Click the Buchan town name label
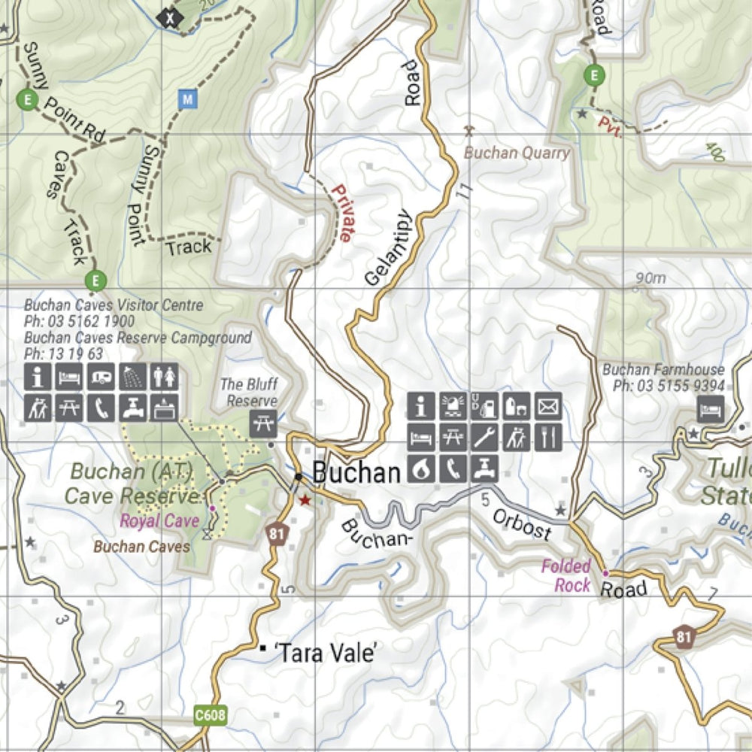coord(356,473)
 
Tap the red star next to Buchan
coord(305,500)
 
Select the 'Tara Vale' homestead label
coord(326,653)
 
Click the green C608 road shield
coord(210,714)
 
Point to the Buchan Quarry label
coord(517,153)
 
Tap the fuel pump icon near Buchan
coord(485,406)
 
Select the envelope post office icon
coord(548,406)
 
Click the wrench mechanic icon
coord(485,437)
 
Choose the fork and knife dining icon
coord(548,437)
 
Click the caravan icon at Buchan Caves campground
coord(100,376)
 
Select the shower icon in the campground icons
coord(132,376)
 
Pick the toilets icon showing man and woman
coord(165,376)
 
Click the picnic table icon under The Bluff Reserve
coord(263,423)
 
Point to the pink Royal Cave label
coord(159,520)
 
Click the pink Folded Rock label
coord(566,575)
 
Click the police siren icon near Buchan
coord(453,406)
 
